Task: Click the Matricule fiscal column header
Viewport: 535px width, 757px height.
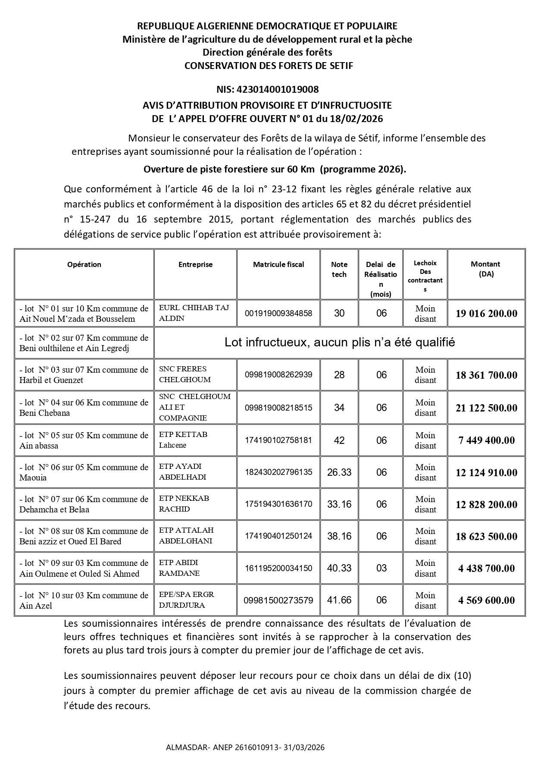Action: click(x=278, y=264)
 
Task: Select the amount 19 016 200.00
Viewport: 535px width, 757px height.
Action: click(x=486, y=314)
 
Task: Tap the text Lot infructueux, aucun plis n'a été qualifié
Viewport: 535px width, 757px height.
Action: click(x=340, y=342)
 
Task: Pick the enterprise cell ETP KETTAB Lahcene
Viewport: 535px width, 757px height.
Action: click(x=183, y=440)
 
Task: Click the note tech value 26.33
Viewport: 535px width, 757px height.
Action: click(x=339, y=472)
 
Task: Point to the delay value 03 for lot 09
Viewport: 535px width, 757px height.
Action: click(x=382, y=568)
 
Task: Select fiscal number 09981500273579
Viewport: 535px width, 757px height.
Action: click(x=278, y=600)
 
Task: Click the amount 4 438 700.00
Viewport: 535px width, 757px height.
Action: click(x=486, y=569)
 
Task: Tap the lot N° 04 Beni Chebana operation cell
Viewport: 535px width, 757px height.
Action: click(x=84, y=408)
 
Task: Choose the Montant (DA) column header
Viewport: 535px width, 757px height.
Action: click(x=485, y=269)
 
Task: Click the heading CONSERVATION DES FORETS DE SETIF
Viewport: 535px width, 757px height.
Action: click(x=269, y=66)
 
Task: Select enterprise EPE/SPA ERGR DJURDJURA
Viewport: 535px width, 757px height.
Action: click(x=187, y=600)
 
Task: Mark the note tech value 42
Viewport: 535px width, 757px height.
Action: click(x=339, y=440)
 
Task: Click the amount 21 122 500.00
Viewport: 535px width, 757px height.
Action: click(x=486, y=408)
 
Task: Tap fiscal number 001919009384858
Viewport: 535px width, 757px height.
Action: click(x=278, y=314)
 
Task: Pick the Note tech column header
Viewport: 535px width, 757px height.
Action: click(x=339, y=269)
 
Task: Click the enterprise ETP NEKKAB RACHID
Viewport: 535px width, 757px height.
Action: click(x=184, y=503)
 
